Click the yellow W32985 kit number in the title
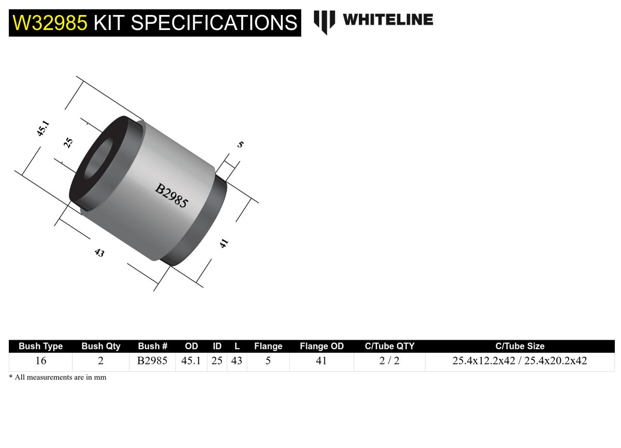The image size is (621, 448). point(51,23)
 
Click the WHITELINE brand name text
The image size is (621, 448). point(388,20)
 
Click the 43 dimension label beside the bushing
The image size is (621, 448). point(99,253)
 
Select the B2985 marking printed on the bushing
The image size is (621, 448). point(171,196)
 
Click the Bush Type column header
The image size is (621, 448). point(40,346)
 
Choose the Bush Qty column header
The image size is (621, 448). point(101,346)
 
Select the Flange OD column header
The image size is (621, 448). point(321,346)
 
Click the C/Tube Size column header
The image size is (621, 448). point(520,346)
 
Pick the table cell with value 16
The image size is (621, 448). point(40,361)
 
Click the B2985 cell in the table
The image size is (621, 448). point(152,361)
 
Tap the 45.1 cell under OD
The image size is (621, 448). point(191,361)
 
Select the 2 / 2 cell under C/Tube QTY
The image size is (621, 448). point(389,361)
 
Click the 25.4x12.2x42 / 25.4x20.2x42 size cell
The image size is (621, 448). point(520,361)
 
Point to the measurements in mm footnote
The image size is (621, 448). point(57,378)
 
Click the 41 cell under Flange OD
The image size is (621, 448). point(321,361)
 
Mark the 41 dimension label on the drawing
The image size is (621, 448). point(224,243)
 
